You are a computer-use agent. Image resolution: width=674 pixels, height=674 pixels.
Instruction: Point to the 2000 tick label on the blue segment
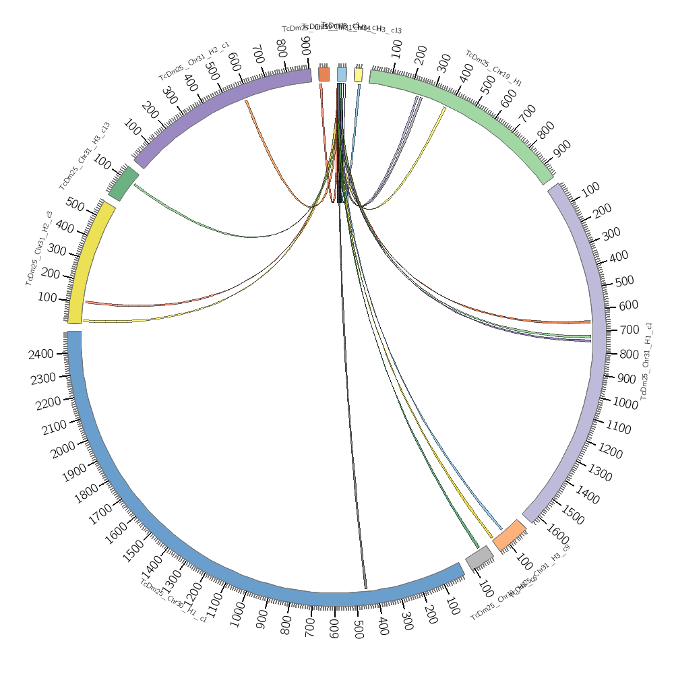click(63, 450)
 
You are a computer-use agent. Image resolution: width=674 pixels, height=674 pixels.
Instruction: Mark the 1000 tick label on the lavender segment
click(625, 402)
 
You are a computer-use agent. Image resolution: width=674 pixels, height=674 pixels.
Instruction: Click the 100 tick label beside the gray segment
click(485, 588)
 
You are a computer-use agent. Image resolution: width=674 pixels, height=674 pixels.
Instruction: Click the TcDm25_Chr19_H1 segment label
click(493, 68)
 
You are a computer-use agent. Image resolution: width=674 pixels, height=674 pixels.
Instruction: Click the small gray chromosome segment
click(479, 557)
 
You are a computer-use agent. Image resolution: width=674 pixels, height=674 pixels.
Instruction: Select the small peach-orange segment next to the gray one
click(509, 534)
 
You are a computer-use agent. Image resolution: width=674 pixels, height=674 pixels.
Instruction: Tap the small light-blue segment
click(342, 74)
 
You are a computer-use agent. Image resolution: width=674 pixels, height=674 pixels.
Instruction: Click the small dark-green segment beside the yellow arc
click(123, 183)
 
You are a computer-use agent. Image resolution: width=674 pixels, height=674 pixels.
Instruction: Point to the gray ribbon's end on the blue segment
click(365, 587)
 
